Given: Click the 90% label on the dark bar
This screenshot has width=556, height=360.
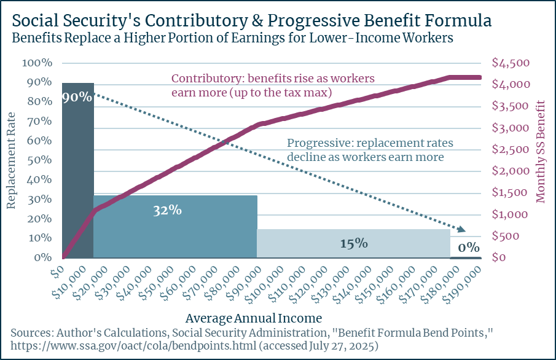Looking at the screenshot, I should [x=77, y=97].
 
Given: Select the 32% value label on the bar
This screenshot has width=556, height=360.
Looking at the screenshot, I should [x=167, y=210].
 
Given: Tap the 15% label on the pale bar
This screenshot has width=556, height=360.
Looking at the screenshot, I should [x=353, y=243].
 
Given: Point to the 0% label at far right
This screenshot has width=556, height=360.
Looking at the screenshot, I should [x=469, y=248].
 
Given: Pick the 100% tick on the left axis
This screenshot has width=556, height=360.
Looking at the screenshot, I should [x=37, y=63].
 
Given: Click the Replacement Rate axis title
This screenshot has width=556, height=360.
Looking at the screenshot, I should [x=11, y=160].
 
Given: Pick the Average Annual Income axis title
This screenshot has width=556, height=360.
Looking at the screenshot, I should [x=253, y=318].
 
